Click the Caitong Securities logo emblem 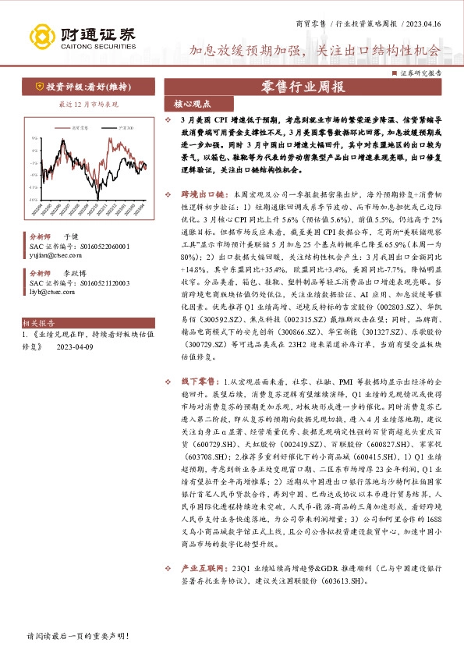pyautogui.click(x=41, y=35)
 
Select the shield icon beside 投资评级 pyautogui.click(x=38, y=87)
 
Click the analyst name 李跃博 pyautogui.click(x=75, y=275)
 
